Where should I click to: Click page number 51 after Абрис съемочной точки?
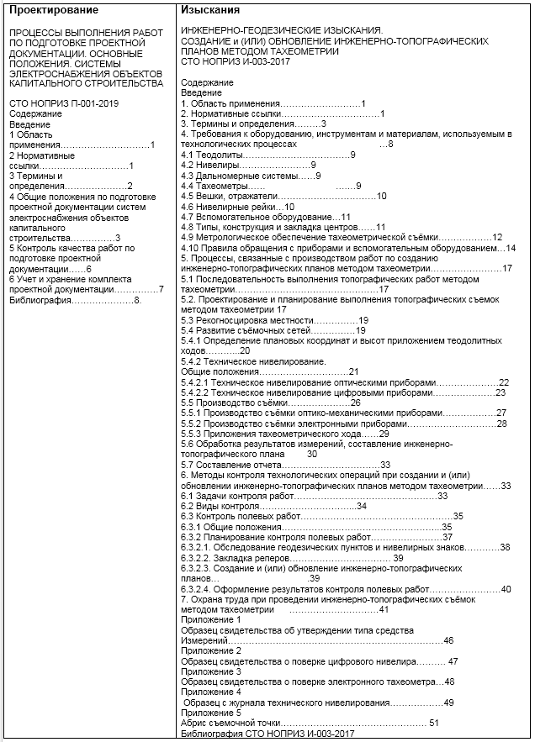[434, 722]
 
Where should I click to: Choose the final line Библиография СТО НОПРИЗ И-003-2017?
[268, 733]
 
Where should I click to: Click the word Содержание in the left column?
[36, 113]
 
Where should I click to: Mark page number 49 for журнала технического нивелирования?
[448, 702]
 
